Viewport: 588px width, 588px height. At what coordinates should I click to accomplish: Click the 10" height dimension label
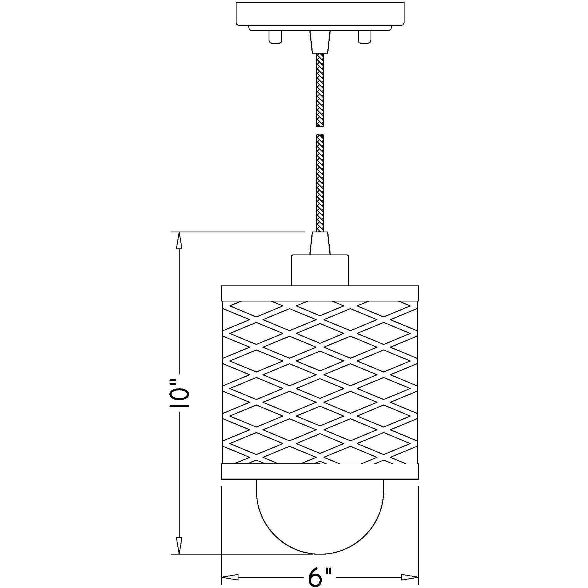tap(179, 393)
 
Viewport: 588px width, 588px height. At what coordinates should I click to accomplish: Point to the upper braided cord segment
tap(320, 90)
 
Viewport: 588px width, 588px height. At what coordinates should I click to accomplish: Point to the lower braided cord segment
tap(320, 183)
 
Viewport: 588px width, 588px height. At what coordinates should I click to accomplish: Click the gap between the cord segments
tap(320, 131)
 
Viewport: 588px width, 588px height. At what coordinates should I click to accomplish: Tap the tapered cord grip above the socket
tap(320, 243)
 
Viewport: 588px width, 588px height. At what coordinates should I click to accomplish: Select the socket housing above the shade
tap(320, 270)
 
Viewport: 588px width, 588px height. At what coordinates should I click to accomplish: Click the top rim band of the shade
tap(320, 293)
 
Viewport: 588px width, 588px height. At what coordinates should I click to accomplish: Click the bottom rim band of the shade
tap(320, 471)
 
